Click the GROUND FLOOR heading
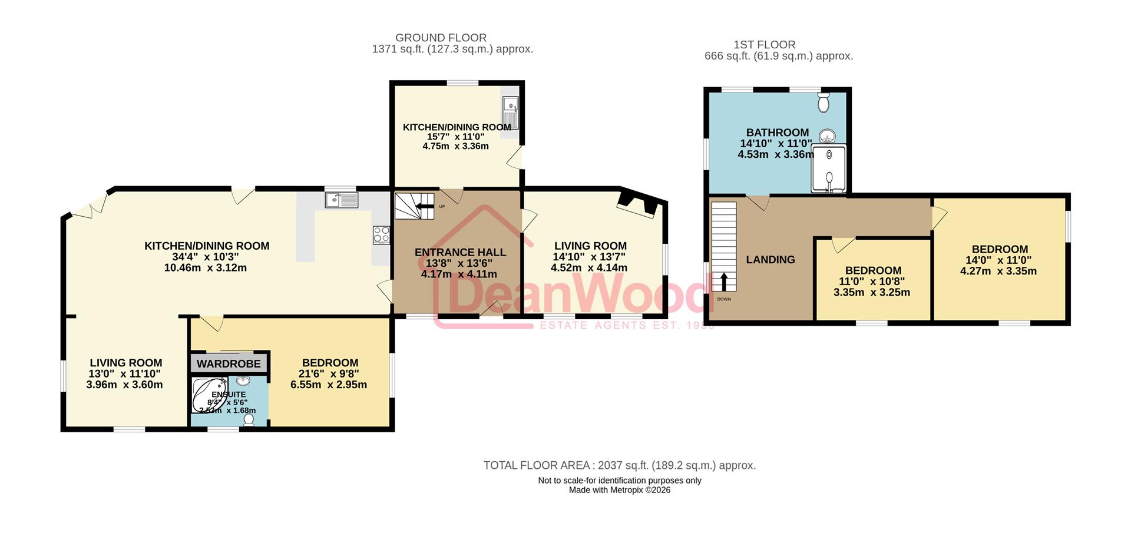pos(441,38)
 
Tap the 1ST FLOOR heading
pos(764,45)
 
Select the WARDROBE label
pos(229,363)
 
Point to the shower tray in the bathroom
pos(829,168)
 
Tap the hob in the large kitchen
pos(381,234)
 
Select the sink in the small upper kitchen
pos(510,113)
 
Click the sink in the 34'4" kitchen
pos(341,200)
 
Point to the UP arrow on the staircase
pos(424,206)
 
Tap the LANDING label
pos(770,260)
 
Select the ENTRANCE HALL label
pos(460,253)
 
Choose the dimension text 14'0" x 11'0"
pos(999,260)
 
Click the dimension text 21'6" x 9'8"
pos(329,374)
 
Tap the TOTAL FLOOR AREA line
pos(619,465)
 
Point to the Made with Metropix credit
pos(619,490)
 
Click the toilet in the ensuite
pos(249,419)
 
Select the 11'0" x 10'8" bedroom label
pos(872,271)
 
